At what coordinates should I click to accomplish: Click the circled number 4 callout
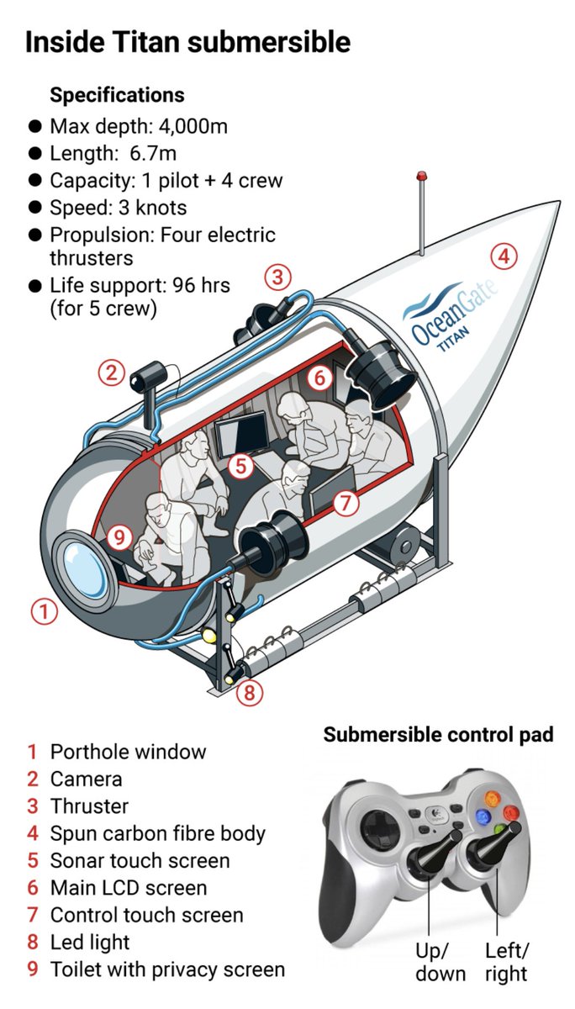503,256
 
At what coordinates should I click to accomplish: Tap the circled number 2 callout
111,372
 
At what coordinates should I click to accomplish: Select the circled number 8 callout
247,693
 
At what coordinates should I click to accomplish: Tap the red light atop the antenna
422,177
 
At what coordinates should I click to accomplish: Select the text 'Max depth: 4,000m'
139,126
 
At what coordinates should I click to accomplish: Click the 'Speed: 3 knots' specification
118,207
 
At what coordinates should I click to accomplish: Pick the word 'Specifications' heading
117,94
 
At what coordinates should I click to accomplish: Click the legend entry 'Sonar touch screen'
140,860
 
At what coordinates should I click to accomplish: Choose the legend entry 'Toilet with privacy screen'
167,969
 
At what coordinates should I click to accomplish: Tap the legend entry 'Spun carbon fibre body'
157,833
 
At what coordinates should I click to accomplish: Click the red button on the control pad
510,812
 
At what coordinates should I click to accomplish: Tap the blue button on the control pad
483,816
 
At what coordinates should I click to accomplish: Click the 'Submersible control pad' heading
438,734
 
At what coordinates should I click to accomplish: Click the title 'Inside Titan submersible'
187,41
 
